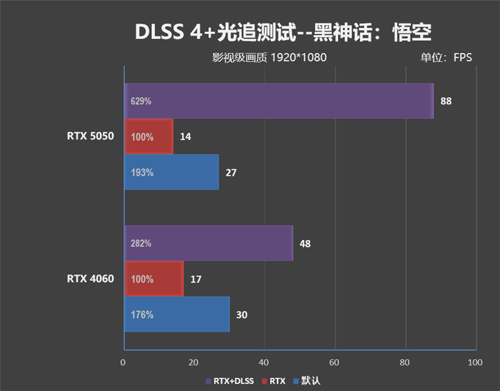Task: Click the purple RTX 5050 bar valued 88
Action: tap(279, 101)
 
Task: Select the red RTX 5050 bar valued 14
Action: tap(149, 136)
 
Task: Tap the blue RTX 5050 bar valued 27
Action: tap(172, 172)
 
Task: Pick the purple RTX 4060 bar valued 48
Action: tap(208, 243)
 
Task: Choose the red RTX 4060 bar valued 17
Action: tap(154, 279)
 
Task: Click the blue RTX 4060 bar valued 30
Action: tap(177, 315)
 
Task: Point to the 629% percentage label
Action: tap(141, 101)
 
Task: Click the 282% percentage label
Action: tap(141, 243)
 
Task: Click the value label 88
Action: tap(446, 101)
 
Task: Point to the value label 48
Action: tap(305, 243)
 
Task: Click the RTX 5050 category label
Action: tap(91, 136)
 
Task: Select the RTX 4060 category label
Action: tap(91, 279)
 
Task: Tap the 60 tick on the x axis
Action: tap(335, 362)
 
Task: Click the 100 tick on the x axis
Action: tap(476, 362)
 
